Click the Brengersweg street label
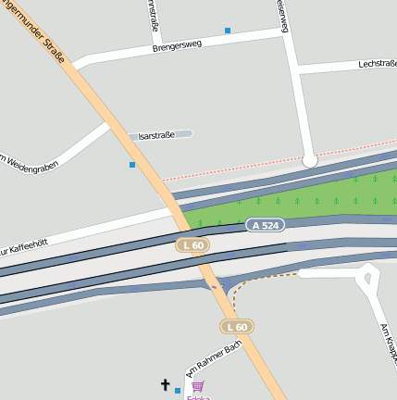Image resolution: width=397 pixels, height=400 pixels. (178, 44)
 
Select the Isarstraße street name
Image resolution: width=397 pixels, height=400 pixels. (156, 135)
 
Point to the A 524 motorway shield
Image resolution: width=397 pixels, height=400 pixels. (265, 225)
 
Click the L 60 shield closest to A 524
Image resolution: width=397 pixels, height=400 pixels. (192, 245)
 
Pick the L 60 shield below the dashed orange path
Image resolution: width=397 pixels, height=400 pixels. (236, 327)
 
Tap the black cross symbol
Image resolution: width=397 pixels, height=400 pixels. (166, 384)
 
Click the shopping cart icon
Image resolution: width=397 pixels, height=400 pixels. (197, 386)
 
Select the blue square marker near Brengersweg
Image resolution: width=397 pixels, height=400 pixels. (228, 31)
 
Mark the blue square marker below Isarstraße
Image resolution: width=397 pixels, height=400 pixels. (132, 165)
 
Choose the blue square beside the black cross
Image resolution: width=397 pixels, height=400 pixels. (178, 391)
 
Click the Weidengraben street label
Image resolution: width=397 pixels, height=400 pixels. (27, 161)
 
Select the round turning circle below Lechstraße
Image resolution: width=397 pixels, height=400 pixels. (310, 160)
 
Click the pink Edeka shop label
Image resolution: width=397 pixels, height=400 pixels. (197, 397)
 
